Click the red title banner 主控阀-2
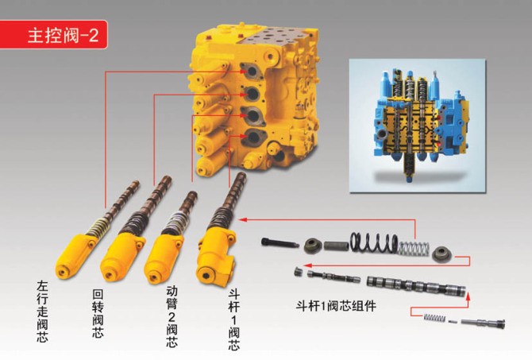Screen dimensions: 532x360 pos(53,35)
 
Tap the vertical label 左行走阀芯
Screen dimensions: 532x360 pos(43,312)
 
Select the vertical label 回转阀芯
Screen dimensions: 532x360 pos(98,313)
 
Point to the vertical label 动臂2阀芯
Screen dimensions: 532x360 pos(172,316)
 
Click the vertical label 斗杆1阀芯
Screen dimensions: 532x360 pos(233,319)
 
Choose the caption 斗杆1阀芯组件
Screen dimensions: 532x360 pos(336,306)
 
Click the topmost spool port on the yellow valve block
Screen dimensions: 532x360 pos(252,71)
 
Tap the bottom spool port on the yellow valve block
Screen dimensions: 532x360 pos(253,137)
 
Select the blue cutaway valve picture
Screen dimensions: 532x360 pos(418,126)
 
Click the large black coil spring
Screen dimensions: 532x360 pos(374,243)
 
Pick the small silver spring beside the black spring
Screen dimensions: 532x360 pos(414,248)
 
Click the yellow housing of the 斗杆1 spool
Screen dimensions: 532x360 pos(216,257)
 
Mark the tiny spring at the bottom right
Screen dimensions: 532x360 pos(434,318)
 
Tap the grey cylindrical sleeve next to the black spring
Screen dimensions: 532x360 pos(336,246)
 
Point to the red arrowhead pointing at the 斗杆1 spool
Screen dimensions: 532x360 pos(241,220)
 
